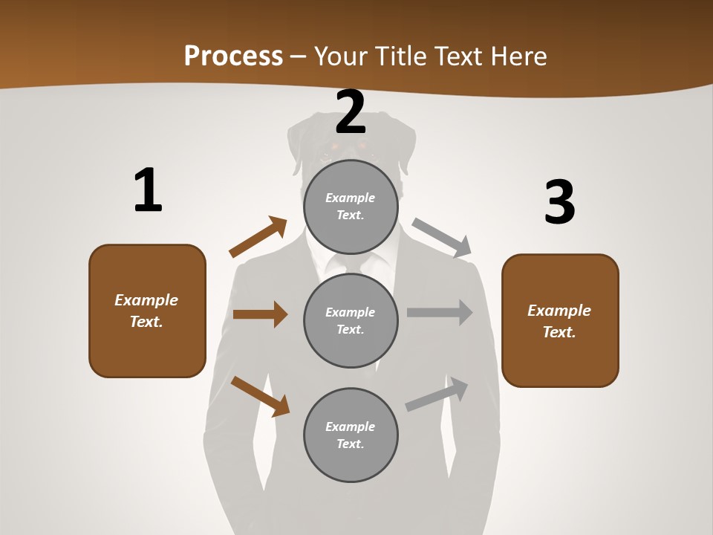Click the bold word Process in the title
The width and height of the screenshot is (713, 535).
233,56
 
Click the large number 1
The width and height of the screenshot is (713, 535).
148,191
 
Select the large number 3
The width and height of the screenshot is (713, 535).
559,202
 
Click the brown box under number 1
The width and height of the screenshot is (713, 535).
147,311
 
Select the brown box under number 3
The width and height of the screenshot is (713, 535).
560,320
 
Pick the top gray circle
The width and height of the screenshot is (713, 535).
351,206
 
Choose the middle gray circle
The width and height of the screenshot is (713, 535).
351,320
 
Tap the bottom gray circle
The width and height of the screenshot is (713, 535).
351,435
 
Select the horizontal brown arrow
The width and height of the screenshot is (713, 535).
260,314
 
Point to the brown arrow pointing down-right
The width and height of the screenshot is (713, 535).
260,396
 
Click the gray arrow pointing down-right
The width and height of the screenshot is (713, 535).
442,238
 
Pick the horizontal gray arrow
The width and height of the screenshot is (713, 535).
440,313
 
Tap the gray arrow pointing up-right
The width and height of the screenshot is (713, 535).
437,395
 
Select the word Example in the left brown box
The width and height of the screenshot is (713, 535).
146,300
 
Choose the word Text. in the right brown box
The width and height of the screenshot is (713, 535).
559,332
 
